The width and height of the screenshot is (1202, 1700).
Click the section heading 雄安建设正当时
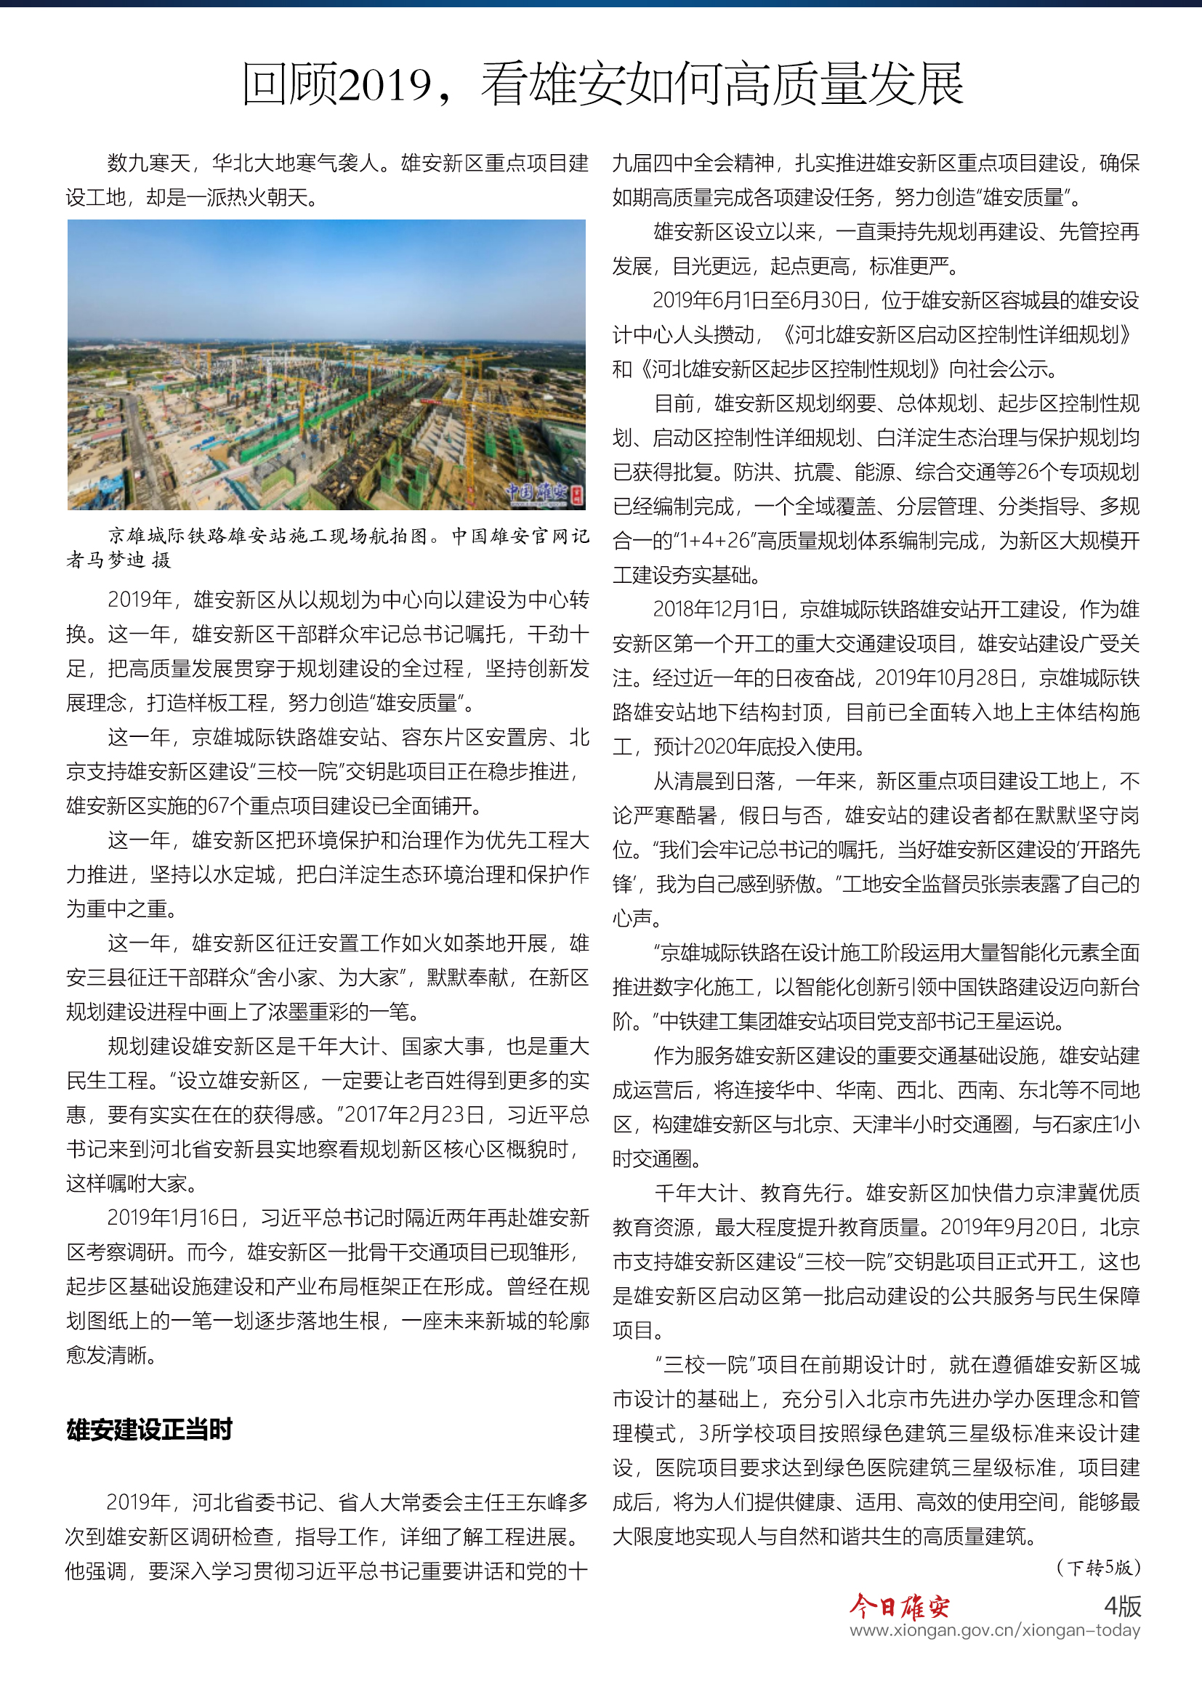[x=150, y=1429]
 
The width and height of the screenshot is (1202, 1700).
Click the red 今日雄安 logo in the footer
[x=898, y=1606]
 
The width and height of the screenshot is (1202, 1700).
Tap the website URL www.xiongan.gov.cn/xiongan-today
[x=994, y=1629]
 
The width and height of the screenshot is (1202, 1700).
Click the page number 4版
[x=1122, y=1606]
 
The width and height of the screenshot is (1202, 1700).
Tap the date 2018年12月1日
[x=716, y=609]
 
